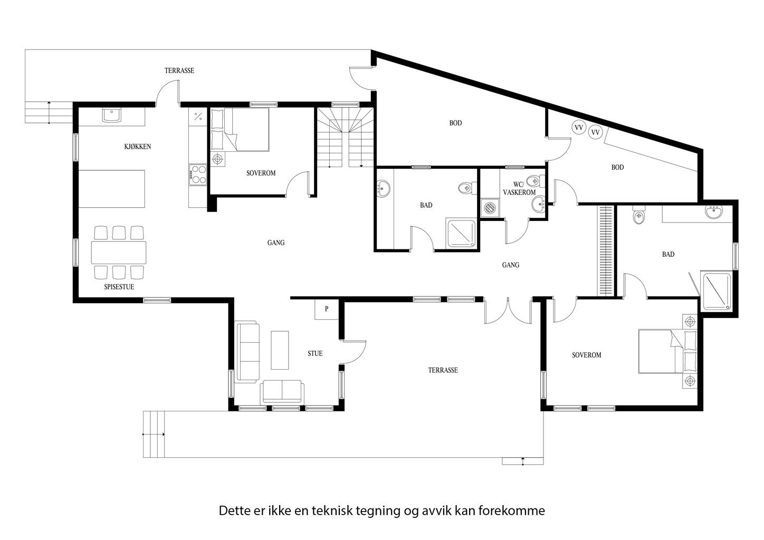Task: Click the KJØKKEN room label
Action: (x=138, y=147)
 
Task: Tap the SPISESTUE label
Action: (x=119, y=287)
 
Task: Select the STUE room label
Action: (x=315, y=353)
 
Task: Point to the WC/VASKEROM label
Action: (x=520, y=188)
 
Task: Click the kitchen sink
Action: (x=111, y=115)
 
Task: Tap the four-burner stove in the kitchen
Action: (x=198, y=175)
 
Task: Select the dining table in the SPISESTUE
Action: (x=119, y=252)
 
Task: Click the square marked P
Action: (x=327, y=309)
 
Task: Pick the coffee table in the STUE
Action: (x=280, y=350)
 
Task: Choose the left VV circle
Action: (x=578, y=128)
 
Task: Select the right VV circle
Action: (x=595, y=132)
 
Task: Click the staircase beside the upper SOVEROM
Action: (x=345, y=138)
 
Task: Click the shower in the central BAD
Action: (x=461, y=234)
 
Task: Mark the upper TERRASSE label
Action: (x=179, y=71)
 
